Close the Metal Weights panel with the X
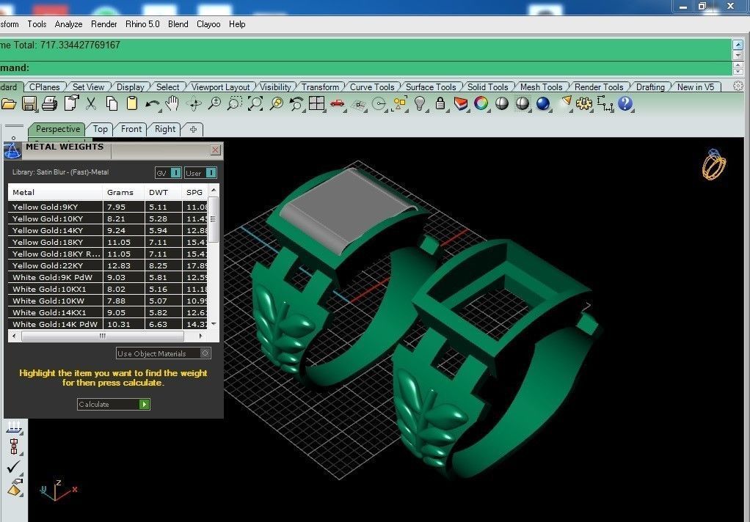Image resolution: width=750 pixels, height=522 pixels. [x=215, y=150]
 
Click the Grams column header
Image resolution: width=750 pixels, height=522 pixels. [x=120, y=192]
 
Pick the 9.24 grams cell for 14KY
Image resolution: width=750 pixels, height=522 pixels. [x=116, y=230]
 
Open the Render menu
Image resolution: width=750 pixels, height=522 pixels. [x=104, y=24]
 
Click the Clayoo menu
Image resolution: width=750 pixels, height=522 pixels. [x=208, y=24]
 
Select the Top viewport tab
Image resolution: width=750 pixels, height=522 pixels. [x=101, y=129]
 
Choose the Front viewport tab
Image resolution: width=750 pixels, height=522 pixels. [x=131, y=129]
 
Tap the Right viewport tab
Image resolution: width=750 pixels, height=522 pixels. [x=165, y=129]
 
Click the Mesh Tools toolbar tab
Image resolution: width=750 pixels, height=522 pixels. [x=541, y=87]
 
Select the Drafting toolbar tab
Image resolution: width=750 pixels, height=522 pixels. [x=650, y=87]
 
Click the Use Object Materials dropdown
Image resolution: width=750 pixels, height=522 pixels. [x=163, y=353]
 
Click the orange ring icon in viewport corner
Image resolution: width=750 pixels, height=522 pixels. [x=713, y=165]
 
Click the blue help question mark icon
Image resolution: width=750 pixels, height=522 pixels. [x=625, y=104]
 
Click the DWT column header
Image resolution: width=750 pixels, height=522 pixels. [x=158, y=192]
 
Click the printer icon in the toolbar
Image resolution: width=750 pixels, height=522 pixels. [x=50, y=104]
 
